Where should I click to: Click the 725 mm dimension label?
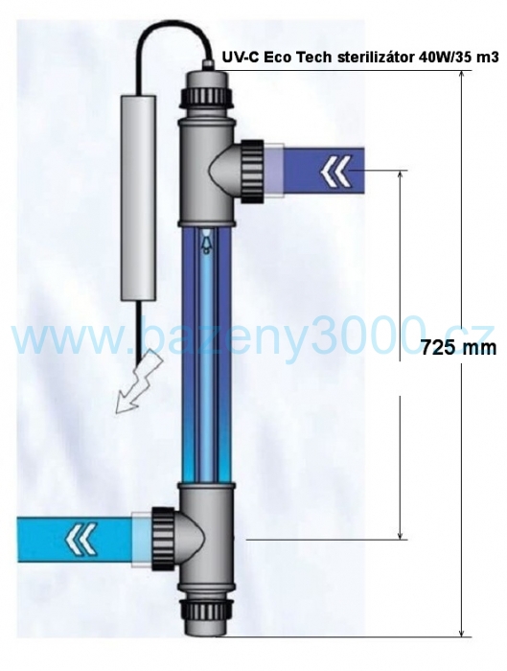[459, 347]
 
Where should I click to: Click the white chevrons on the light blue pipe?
[81, 539]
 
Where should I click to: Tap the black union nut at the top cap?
[207, 99]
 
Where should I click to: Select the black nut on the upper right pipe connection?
[253, 171]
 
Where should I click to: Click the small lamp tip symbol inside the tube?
[207, 241]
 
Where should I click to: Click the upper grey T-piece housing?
[207, 172]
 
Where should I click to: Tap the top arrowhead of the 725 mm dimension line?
[462, 74]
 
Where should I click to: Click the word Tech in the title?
[316, 58]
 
